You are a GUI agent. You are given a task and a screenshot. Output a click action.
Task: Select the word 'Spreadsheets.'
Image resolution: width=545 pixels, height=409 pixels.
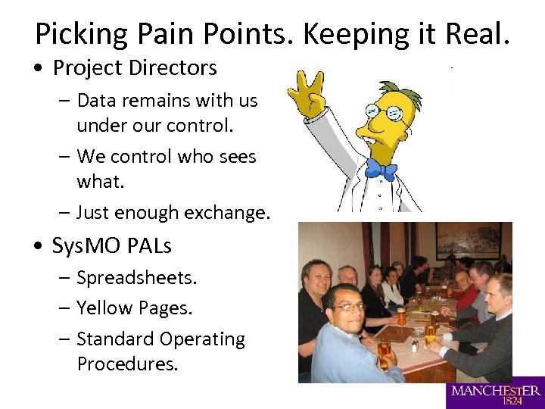(x=137, y=278)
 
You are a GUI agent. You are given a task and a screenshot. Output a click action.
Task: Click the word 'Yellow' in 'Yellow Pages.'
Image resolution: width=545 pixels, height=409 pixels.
(x=104, y=308)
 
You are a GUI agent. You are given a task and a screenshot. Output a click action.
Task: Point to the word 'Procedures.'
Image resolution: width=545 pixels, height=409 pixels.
(x=128, y=364)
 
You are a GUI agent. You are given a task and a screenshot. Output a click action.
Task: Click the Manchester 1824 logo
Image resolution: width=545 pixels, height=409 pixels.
(x=495, y=393)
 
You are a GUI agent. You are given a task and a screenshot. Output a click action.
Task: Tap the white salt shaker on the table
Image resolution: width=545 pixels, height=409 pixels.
(x=414, y=345)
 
